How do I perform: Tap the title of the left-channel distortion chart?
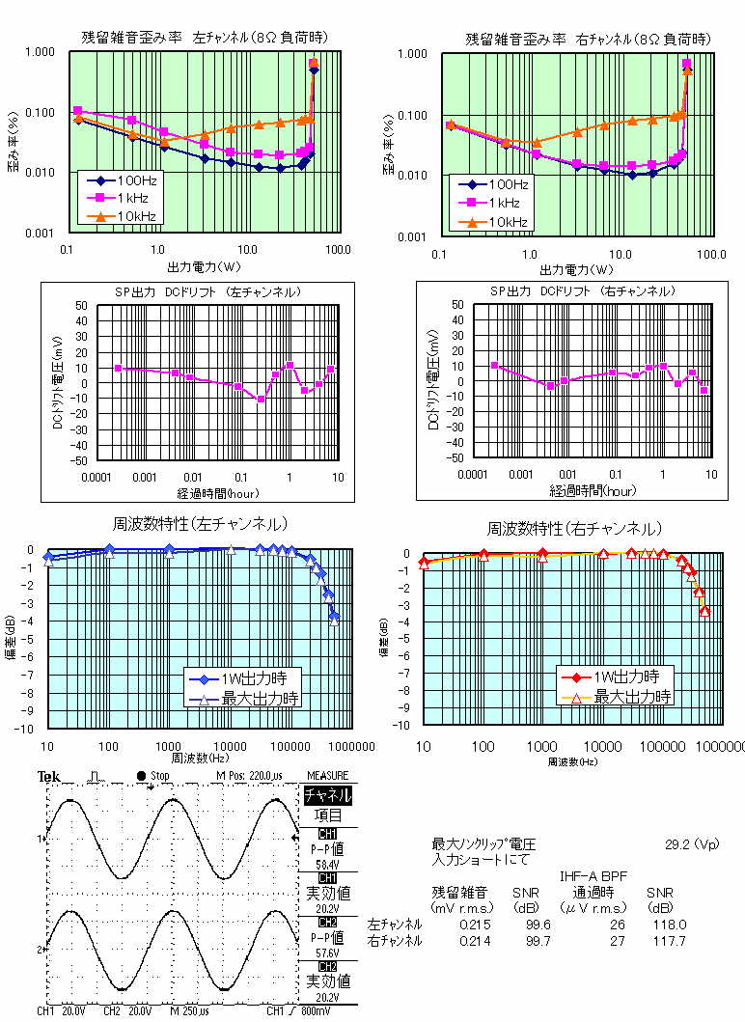[204, 38]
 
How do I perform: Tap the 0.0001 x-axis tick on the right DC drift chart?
[472, 475]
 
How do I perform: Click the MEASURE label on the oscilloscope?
[327, 776]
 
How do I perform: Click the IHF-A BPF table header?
[593, 876]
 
